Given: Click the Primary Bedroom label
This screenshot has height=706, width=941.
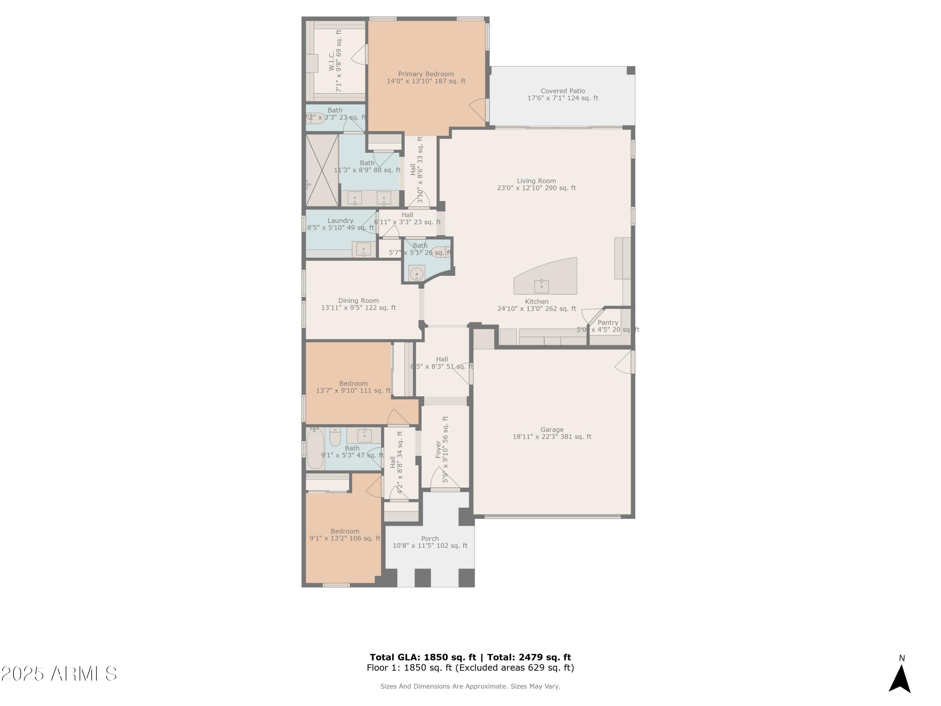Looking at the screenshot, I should (426, 74).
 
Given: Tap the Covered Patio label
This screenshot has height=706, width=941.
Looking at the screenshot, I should (562, 91).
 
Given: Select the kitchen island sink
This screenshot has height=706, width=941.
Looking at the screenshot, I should (541, 286).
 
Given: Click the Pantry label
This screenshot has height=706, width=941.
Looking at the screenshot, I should (608, 323).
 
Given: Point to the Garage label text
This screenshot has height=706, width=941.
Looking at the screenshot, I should (552, 430).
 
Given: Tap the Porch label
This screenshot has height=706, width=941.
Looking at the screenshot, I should (430, 539).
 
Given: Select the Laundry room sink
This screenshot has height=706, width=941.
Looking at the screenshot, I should (363, 249).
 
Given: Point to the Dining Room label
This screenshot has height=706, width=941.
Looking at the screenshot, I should (358, 301).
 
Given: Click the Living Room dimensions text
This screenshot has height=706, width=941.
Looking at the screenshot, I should (536, 188).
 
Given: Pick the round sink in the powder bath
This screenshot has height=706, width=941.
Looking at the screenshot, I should (417, 274).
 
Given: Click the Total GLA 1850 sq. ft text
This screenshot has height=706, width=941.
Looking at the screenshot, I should (423, 657).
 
